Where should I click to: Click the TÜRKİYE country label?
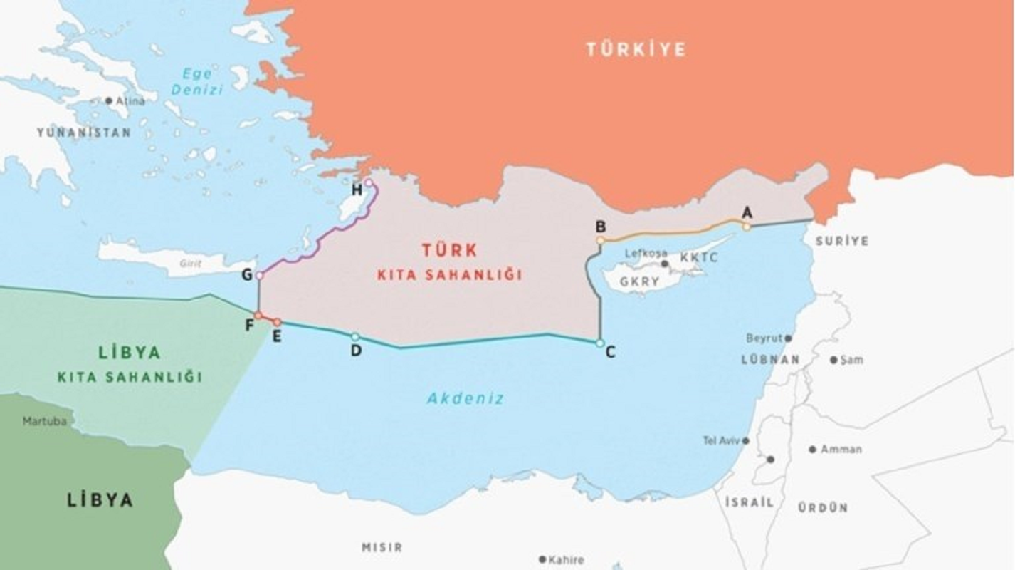(636, 49)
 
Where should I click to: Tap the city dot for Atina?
(109, 101)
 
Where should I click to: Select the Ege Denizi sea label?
(197, 82)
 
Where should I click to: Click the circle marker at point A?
(747, 227)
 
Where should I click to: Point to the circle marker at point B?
(601, 241)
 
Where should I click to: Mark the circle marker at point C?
(600, 343)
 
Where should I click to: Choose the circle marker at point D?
(355, 336)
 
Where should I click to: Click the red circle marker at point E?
(277, 323)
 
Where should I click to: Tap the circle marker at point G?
(259, 275)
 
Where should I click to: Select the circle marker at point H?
(368, 183)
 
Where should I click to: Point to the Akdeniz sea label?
(466, 399)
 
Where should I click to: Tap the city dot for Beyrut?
(788, 338)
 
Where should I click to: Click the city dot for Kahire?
(542, 560)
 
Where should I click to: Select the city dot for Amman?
(812, 450)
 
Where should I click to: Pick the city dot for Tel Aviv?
(746, 441)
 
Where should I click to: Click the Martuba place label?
(44, 421)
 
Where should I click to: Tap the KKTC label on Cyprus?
(699, 257)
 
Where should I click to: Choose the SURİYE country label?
(841, 241)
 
